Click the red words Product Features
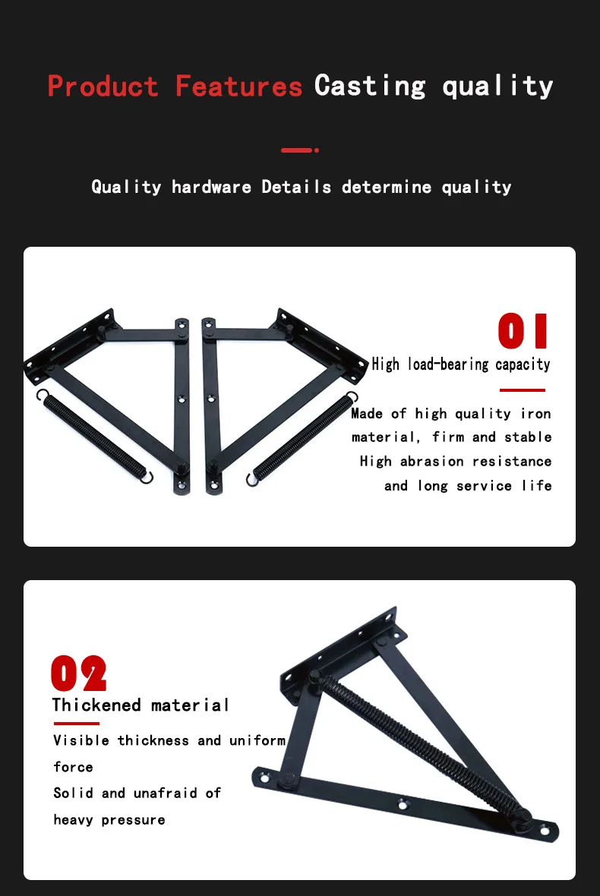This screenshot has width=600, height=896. click(175, 86)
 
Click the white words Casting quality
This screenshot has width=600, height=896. click(434, 86)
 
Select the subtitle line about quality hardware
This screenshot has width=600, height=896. click(301, 187)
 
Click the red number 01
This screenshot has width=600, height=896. click(523, 332)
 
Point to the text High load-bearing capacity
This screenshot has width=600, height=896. click(460, 364)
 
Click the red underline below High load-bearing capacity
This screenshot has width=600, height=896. click(522, 390)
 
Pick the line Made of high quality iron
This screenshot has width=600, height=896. click(451, 414)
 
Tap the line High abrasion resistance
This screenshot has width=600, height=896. click(456, 462)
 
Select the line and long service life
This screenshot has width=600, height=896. click(468, 486)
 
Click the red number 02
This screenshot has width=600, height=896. click(78, 674)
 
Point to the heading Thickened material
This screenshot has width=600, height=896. click(141, 705)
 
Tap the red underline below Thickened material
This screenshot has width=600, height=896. click(76, 724)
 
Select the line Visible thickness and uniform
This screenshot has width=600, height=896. click(169, 740)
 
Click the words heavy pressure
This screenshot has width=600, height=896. click(109, 820)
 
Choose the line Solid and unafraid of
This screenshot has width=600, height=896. click(137, 793)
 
